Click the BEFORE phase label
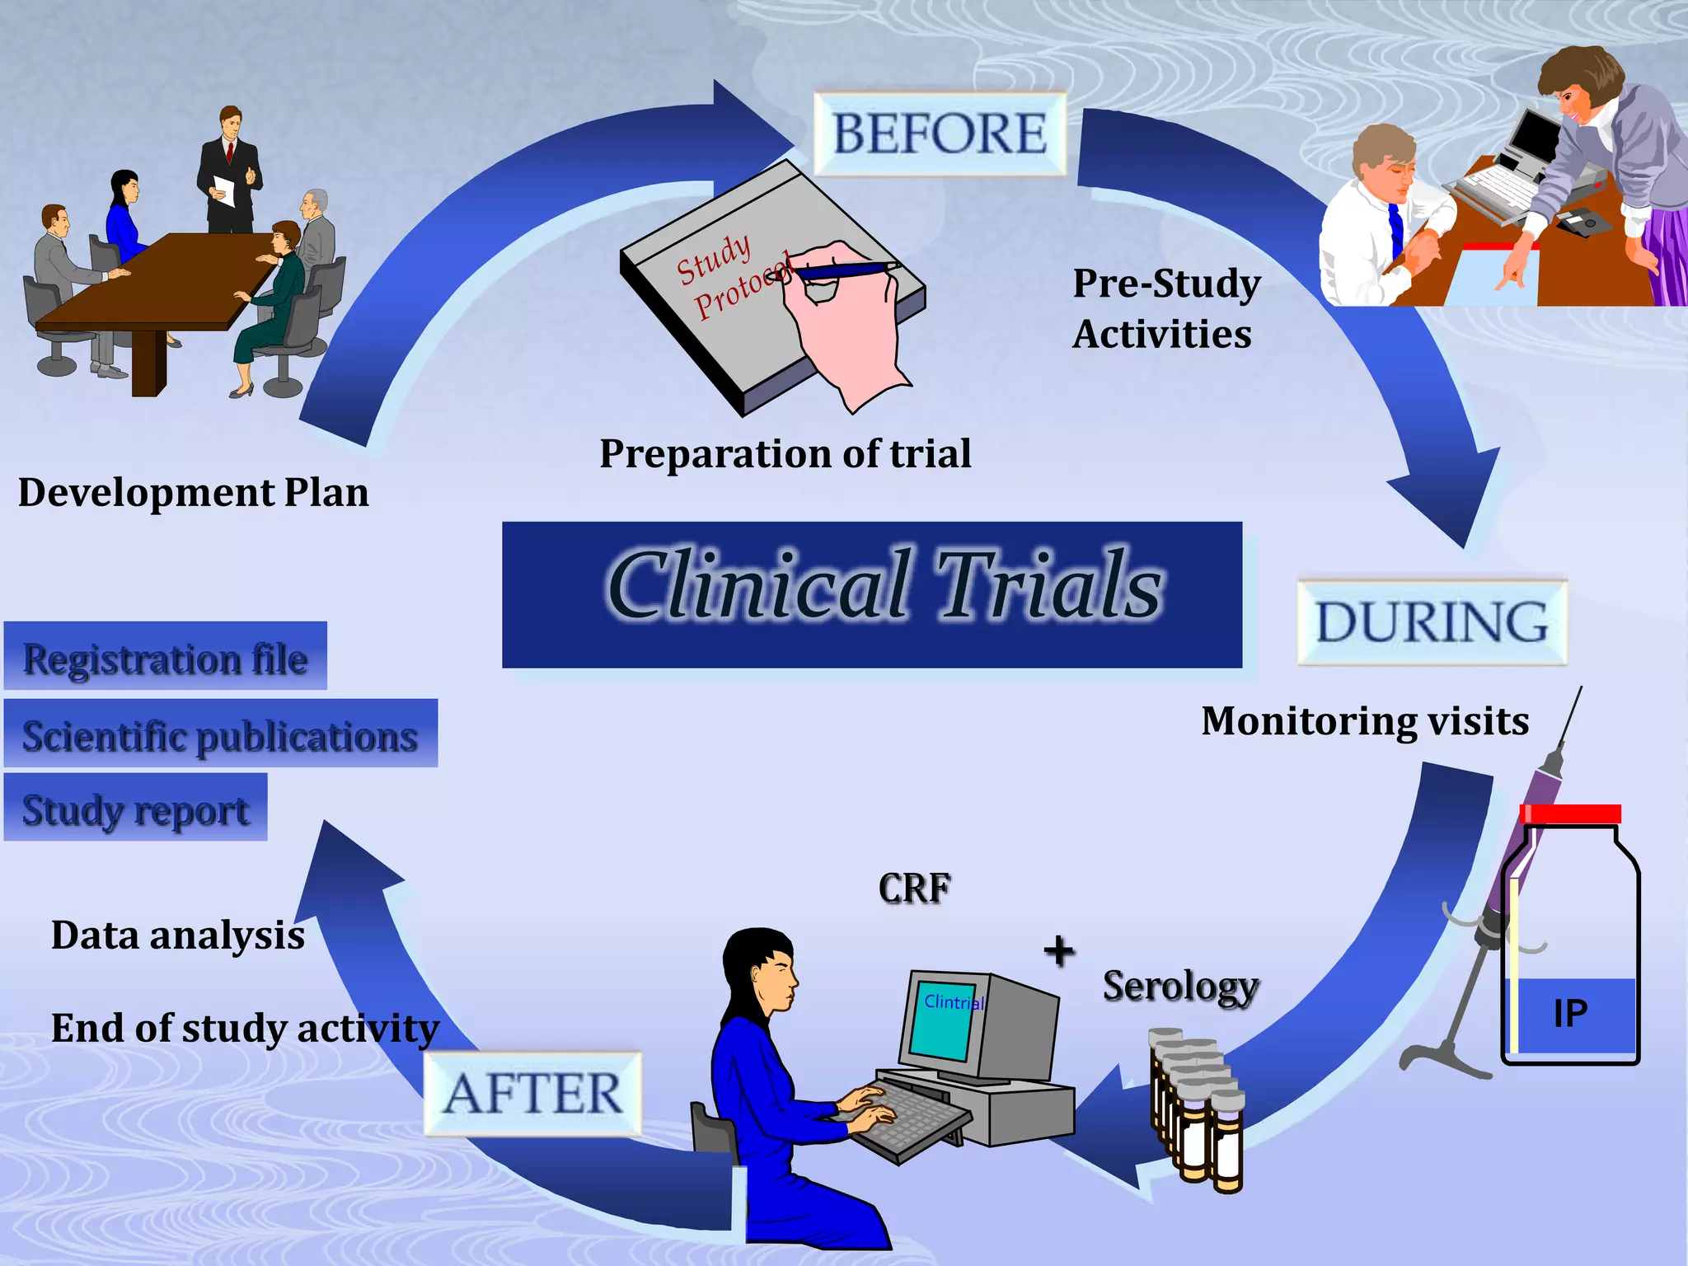click(x=940, y=134)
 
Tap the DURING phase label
click(x=1432, y=622)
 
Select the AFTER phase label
click(x=532, y=1094)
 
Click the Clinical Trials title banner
click(x=872, y=594)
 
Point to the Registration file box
click(x=166, y=657)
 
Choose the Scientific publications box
click(x=220, y=734)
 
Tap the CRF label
click(x=914, y=889)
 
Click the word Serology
click(x=1180, y=986)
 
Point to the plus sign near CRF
click(x=1059, y=951)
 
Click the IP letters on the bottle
click(x=1569, y=1013)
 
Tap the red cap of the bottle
click(x=1570, y=814)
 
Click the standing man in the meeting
click(x=228, y=170)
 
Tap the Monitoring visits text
click(x=1365, y=721)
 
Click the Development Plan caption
click(x=194, y=493)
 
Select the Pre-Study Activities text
click(x=1165, y=308)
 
